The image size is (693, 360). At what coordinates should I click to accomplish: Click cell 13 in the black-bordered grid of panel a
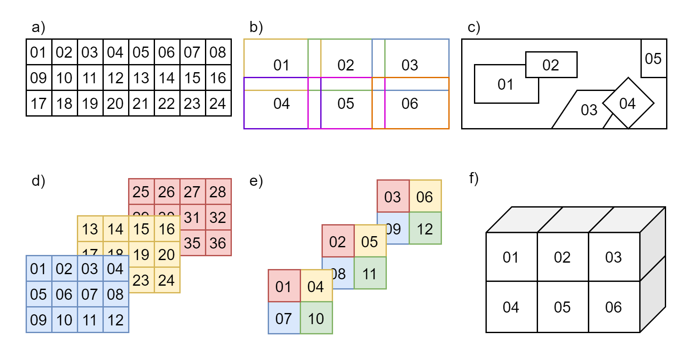141,78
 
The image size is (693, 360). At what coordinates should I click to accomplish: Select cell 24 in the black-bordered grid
218,103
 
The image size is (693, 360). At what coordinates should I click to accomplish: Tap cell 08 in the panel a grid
218,52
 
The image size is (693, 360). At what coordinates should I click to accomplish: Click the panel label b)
256,27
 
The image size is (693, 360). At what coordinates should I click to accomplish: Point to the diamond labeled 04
628,103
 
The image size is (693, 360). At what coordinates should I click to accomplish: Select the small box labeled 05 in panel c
654,59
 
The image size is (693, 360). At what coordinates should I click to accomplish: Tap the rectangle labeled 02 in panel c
551,65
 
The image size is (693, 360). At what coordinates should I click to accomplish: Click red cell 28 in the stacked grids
218,192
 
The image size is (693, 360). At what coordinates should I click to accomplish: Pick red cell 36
218,243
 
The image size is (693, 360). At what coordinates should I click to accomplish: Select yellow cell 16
167,229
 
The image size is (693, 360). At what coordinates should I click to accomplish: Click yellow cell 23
141,280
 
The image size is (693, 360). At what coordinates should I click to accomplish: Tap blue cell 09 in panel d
39,320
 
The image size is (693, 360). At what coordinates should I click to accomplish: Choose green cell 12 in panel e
425,229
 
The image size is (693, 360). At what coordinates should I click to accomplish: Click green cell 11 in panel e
370,273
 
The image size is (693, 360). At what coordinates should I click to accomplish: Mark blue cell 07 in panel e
284,318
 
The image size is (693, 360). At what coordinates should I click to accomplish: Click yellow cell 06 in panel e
425,196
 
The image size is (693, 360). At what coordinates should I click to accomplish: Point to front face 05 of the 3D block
562,307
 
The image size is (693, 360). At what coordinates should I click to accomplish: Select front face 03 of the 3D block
614,257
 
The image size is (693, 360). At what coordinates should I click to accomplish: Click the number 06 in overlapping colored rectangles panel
410,103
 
